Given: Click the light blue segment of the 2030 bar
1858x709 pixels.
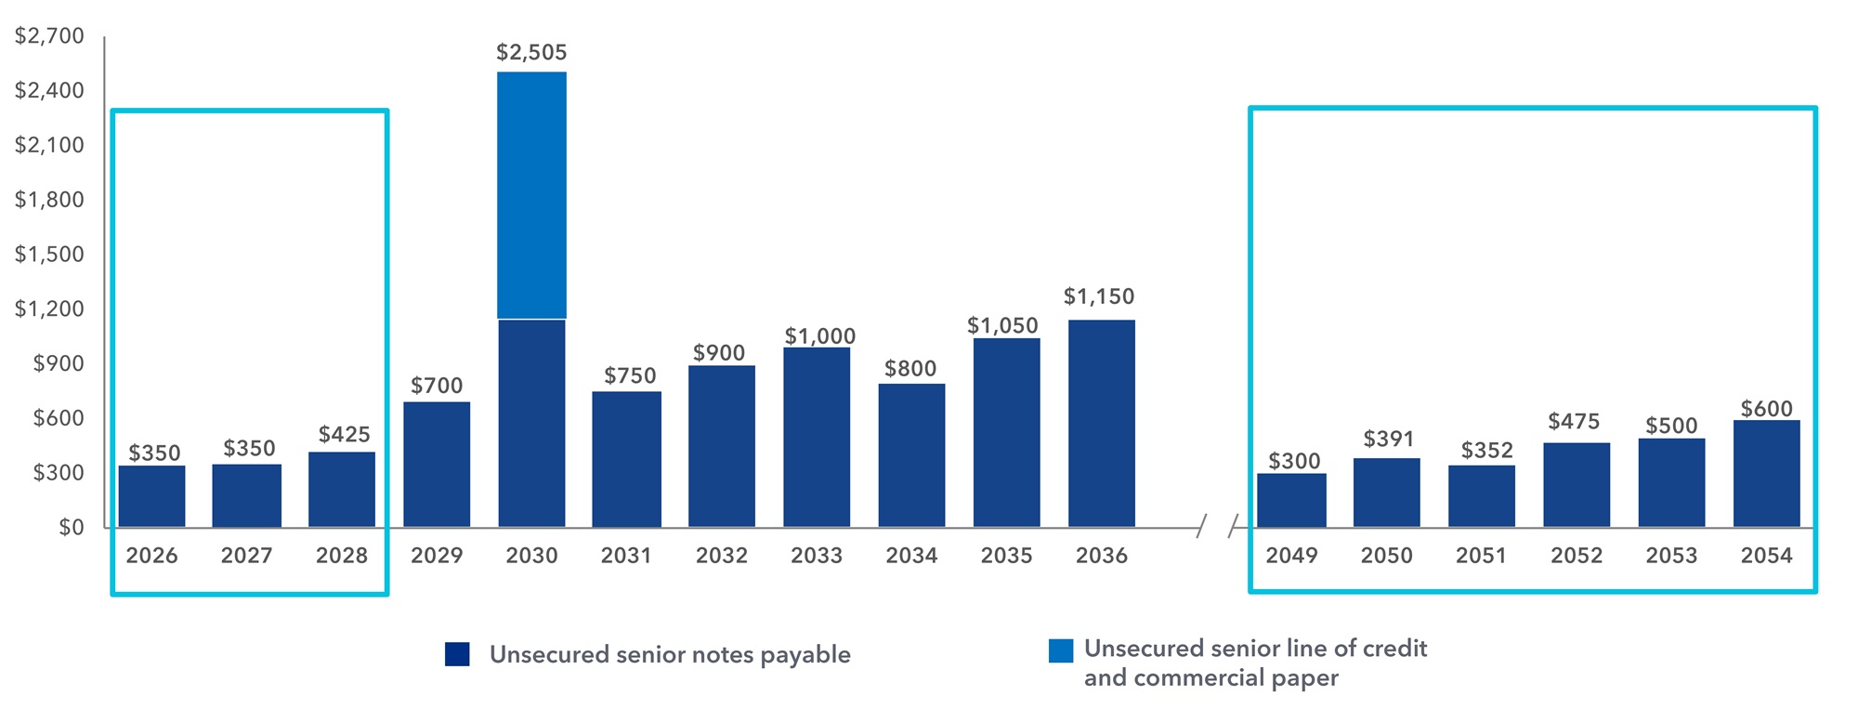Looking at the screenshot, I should [x=531, y=195].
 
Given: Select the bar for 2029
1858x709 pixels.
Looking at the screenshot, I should [x=437, y=465].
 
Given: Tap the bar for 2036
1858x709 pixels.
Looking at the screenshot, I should [x=1102, y=424].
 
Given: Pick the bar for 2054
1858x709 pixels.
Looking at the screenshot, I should [x=1766, y=474].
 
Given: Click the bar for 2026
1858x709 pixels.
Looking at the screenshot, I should [x=152, y=496].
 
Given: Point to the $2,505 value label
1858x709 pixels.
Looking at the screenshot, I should [x=531, y=53].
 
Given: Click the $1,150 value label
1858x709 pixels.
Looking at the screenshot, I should [x=1099, y=296].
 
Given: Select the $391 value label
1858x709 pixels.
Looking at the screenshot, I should [x=1388, y=439].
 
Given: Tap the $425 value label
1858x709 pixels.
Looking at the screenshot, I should [x=344, y=434].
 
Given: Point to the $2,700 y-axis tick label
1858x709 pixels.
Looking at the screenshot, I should [x=49, y=36].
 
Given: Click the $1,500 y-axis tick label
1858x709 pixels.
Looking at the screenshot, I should [x=49, y=254].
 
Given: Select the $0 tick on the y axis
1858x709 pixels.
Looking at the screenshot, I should [x=71, y=527].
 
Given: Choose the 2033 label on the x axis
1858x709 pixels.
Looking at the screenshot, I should [x=817, y=556].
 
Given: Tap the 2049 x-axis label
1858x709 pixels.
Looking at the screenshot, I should [x=1291, y=556].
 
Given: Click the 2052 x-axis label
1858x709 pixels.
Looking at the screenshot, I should [x=1577, y=556].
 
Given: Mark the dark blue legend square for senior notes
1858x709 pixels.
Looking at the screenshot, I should [x=457, y=654].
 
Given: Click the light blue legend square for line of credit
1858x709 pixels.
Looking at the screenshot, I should [x=1060, y=650].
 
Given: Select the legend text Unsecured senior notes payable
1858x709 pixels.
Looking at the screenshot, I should [x=670, y=654].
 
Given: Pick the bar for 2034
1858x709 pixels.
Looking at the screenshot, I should [x=911, y=455].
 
